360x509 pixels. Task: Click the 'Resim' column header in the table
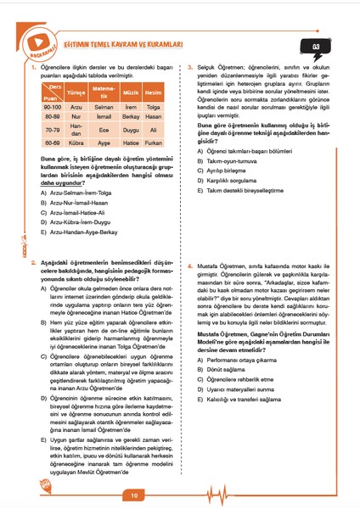pyautogui.click(x=154, y=90)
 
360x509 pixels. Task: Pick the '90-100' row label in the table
pyautogui.click(x=52, y=107)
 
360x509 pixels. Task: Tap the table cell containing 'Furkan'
pyautogui.click(x=154, y=143)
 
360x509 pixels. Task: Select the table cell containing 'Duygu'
pyautogui.click(x=130, y=131)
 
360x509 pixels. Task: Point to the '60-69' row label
pyautogui.click(x=52, y=143)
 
